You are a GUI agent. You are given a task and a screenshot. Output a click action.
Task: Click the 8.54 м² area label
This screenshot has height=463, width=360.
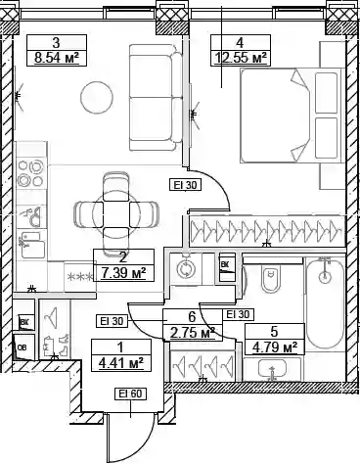click(57, 58)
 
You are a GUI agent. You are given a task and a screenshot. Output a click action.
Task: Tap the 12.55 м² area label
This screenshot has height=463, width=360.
click(241, 58)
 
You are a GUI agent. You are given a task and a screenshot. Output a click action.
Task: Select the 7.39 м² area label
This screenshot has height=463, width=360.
click(123, 273)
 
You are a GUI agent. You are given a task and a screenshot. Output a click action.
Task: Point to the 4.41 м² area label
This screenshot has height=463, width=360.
click(121, 362)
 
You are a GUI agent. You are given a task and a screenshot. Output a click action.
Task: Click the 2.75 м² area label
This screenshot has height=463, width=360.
click(193, 333)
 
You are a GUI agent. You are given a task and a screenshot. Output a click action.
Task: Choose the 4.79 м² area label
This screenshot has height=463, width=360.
click(275, 347)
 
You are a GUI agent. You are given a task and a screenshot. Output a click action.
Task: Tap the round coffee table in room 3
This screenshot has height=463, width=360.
click(97, 97)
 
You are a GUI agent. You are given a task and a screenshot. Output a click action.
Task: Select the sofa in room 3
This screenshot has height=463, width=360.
click(156, 98)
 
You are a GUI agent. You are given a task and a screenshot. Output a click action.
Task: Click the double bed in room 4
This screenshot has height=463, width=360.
click(292, 116)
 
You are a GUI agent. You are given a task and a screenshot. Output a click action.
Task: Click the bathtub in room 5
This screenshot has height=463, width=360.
click(324, 303)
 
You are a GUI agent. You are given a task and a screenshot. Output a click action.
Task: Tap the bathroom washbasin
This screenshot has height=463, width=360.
click(273, 370)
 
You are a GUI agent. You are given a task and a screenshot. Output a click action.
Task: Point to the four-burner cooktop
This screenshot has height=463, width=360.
click(31, 173)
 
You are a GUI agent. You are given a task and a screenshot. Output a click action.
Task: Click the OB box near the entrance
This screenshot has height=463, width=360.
click(23, 347)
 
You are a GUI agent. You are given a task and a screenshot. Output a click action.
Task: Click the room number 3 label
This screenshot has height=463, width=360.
click(57, 42)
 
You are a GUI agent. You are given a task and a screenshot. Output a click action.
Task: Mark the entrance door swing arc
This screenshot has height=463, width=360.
click(148, 438)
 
